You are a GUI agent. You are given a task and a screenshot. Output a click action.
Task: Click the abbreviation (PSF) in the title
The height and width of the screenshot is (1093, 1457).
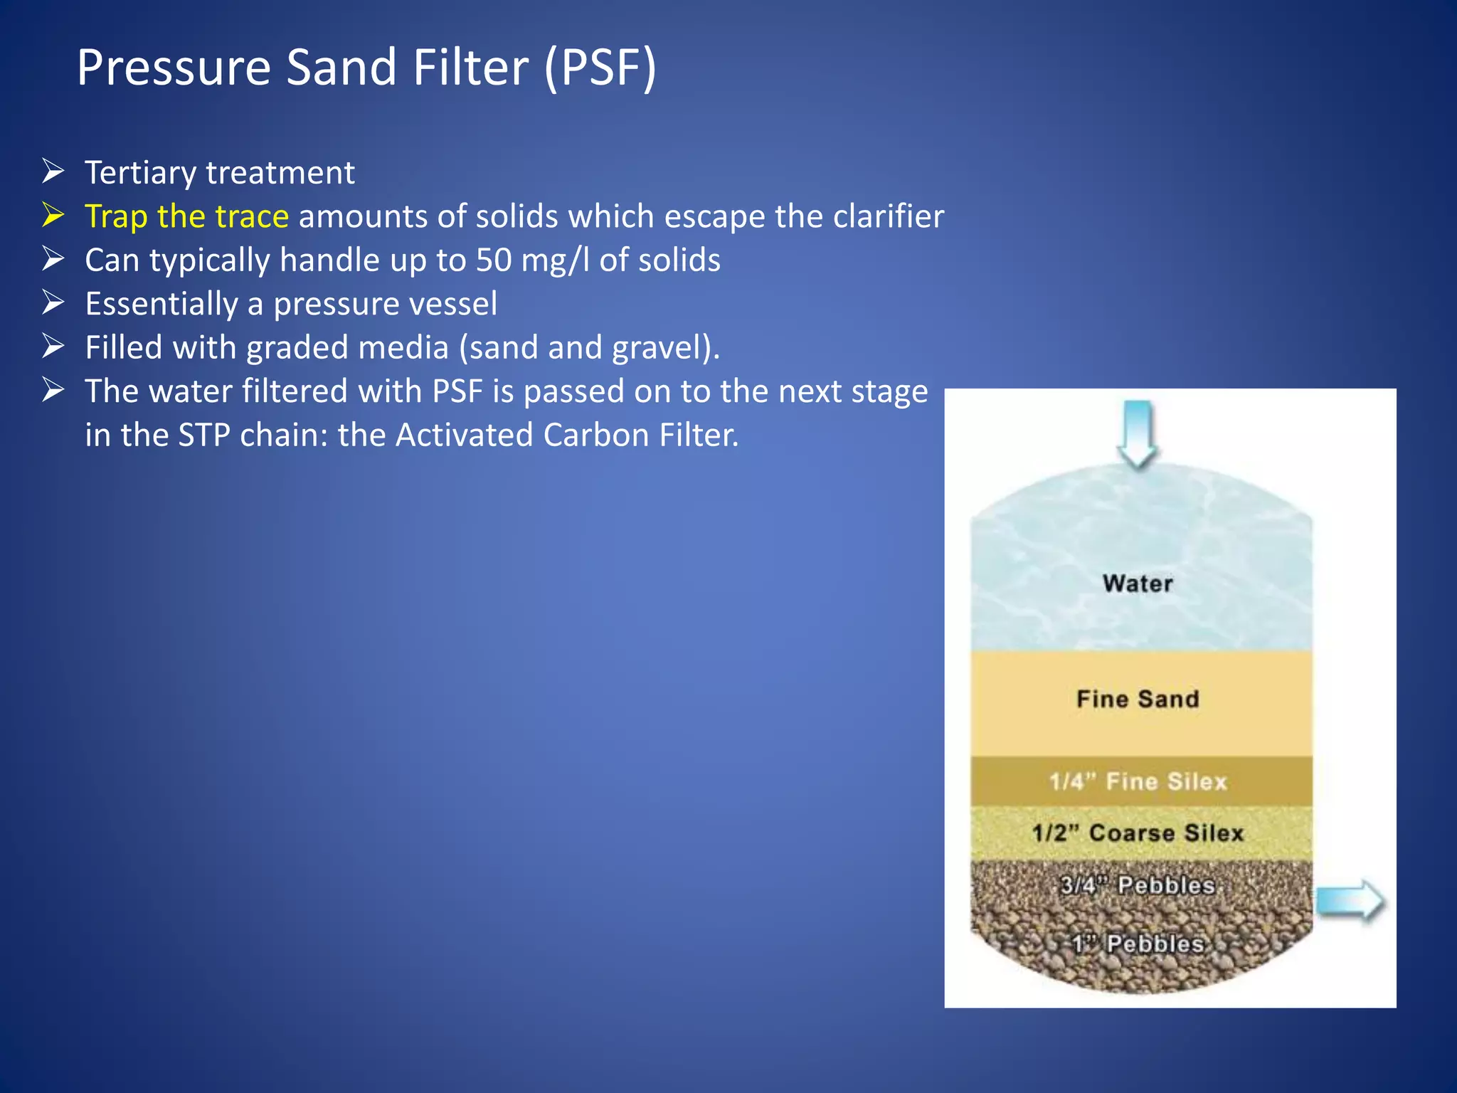pyautogui.click(x=600, y=68)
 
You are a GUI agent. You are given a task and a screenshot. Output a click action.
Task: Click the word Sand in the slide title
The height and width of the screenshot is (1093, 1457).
pyautogui.click(x=340, y=68)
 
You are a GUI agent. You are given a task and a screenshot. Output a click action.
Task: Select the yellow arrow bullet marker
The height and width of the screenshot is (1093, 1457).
pyautogui.click(x=53, y=215)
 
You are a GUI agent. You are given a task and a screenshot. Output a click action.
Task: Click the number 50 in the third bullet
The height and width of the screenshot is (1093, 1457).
pyautogui.click(x=494, y=260)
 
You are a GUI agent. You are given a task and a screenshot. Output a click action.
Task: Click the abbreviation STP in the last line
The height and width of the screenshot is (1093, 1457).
pyautogui.click(x=204, y=435)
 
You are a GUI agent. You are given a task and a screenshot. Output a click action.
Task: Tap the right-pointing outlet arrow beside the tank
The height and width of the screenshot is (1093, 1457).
pyautogui.click(x=1349, y=902)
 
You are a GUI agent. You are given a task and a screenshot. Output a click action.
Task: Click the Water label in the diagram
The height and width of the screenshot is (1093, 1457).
pyautogui.click(x=1138, y=584)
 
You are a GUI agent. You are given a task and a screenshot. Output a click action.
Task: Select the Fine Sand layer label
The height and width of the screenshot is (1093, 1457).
pyautogui.click(x=1138, y=699)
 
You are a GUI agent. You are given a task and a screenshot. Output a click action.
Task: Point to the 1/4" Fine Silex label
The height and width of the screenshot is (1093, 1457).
pyautogui.click(x=1138, y=781)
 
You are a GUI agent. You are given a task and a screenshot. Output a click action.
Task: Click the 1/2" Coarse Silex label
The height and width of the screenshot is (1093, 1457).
pyautogui.click(x=1138, y=833)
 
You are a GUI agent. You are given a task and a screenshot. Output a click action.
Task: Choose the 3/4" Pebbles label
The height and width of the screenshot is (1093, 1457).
pyautogui.click(x=1138, y=885)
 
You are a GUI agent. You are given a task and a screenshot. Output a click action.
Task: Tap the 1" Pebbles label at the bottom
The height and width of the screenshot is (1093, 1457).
pyautogui.click(x=1138, y=944)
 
